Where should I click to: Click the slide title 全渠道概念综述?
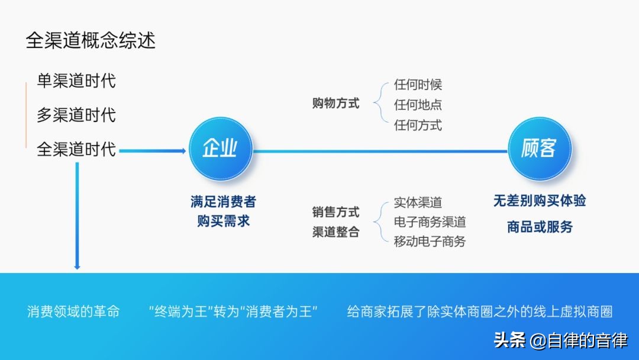click(91, 41)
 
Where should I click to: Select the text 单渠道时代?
click(76, 81)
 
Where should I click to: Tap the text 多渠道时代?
click(76, 115)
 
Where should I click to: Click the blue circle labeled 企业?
click(220, 148)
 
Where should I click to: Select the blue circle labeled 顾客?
click(540, 148)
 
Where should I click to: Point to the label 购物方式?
click(335, 104)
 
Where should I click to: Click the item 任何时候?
click(418, 85)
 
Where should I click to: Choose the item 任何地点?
click(418, 105)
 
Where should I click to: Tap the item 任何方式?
click(418, 125)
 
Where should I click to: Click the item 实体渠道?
click(418, 202)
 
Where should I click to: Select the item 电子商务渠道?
click(430, 222)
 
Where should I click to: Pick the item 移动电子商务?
click(430, 242)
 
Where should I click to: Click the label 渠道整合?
click(335, 232)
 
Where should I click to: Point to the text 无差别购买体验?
click(540, 201)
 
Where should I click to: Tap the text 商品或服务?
click(540, 227)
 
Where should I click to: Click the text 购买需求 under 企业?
click(223, 221)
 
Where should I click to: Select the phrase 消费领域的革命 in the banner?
click(73, 311)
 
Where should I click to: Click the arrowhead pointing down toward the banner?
click(77, 266)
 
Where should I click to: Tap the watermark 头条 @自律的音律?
click(560, 340)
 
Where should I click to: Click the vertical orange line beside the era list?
click(26, 115)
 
